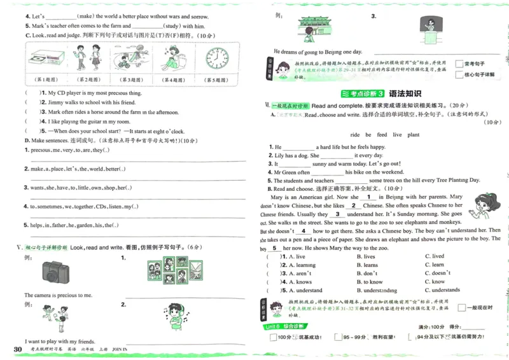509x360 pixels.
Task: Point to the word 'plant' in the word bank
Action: pos(414,135)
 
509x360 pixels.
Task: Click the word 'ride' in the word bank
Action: pos(355,135)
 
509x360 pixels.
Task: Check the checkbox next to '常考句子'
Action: pos(459,64)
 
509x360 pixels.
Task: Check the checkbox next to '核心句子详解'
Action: pos(459,74)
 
